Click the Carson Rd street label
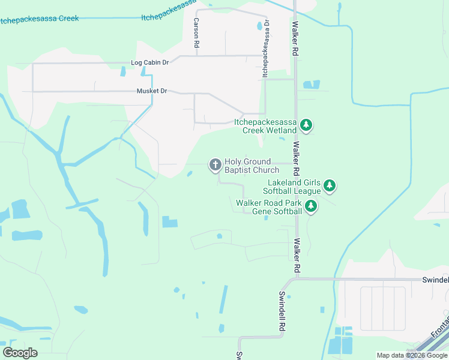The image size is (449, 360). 196,32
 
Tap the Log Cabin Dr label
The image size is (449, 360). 150,62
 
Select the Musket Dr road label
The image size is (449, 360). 152,91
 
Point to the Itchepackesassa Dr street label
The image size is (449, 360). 265,47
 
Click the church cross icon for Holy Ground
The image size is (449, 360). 214,164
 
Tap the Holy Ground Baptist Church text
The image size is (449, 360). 252,166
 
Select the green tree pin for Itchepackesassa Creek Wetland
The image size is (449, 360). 307,125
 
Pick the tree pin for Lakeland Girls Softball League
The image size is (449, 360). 329,185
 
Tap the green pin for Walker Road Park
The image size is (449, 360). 310,206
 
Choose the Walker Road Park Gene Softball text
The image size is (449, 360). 269,207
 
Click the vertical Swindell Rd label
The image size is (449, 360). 280,312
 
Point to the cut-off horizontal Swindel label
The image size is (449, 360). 435,280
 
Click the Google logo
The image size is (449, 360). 20,352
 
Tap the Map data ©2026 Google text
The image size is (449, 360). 412,355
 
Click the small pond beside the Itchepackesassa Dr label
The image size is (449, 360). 259,26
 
